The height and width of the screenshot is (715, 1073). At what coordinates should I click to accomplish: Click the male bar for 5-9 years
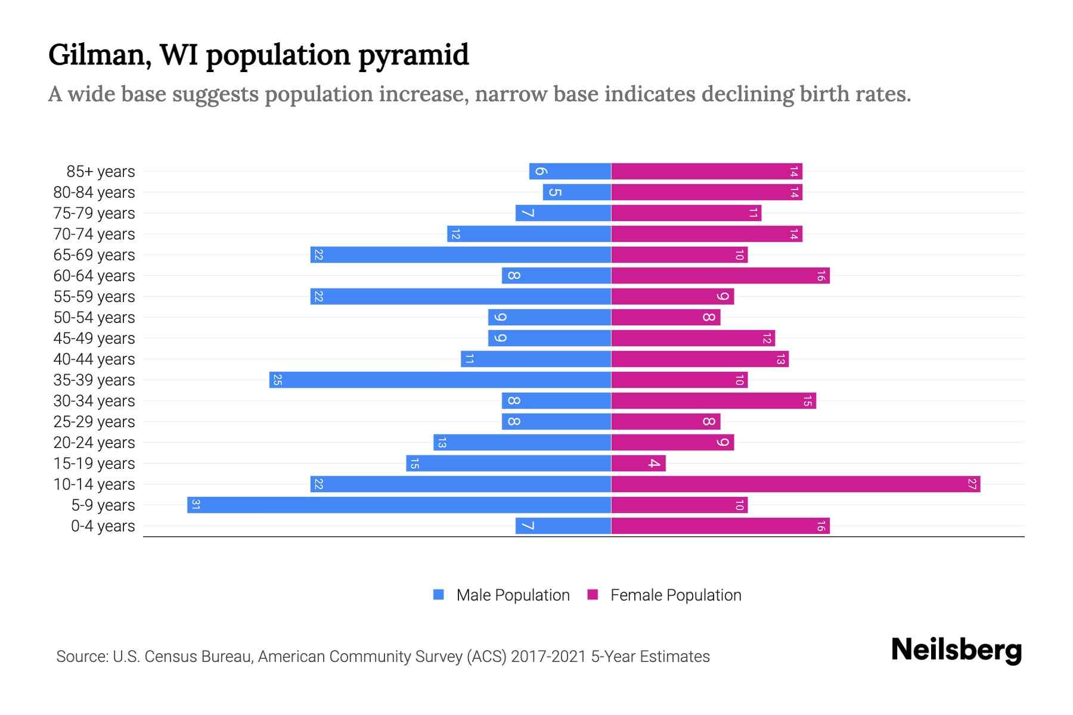[x=399, y=505]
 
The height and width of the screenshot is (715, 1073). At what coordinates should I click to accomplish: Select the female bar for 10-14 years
[x=795, y=484]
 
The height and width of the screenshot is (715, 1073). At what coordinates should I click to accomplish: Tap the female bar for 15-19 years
[x=638, y=464]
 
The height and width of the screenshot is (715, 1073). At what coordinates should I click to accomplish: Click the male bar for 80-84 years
[x=576, y=192]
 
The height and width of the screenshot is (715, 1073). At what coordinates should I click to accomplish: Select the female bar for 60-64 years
[x=720, y=276]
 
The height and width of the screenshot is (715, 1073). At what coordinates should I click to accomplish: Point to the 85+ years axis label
[x=100, y=172]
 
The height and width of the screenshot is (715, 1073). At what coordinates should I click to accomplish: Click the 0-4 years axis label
[x=103, y=526]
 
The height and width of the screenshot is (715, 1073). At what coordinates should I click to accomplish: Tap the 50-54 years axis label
[x=94, y=318]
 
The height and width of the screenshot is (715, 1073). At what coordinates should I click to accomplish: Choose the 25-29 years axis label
[x=94, y=422]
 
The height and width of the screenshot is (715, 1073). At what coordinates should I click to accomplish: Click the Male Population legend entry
[x=501, y=595]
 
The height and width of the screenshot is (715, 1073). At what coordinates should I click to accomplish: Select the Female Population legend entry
[x=664, y=595]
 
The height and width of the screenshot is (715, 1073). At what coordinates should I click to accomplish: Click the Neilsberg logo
[x=956, y=650]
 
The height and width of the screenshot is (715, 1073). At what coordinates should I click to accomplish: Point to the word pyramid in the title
[x=413, y=56]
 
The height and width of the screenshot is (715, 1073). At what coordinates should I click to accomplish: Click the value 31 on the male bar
[x=196, y=505]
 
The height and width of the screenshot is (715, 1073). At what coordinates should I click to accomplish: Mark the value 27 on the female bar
[x=972, y=484]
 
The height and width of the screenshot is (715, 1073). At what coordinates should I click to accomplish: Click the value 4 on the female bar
[x=654, y=464]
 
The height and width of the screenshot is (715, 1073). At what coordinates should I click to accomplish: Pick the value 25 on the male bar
[x=277, y=380]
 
